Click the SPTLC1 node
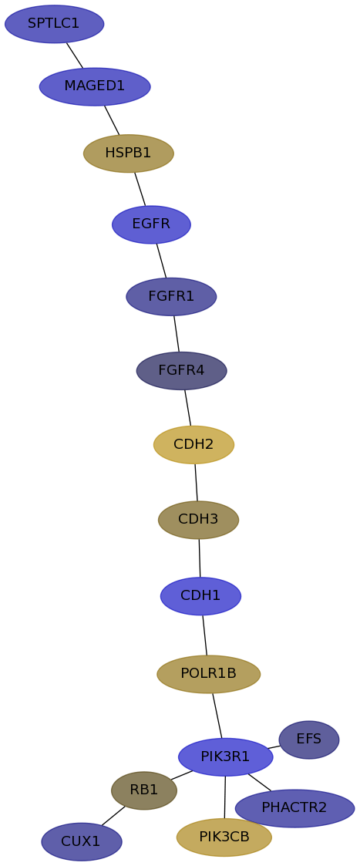point(54,24)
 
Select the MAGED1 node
point(95,86)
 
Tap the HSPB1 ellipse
point(129,153)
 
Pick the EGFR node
point(151,224)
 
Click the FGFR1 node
point(171,297)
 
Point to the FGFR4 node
point(182,371)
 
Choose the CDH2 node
point(193,445)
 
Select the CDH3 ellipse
point(198,520)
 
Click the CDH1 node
point(200,596)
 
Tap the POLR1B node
point(209,674)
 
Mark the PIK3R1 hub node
point(225,756)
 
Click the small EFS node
point(309,740)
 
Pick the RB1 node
point(144,790)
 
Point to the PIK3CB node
point(224,837)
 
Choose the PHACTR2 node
point(294,808)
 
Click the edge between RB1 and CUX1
point(113,816)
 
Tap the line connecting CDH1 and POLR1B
point(205,635)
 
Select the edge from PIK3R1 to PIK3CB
point(225,797)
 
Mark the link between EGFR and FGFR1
point(161,261)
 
